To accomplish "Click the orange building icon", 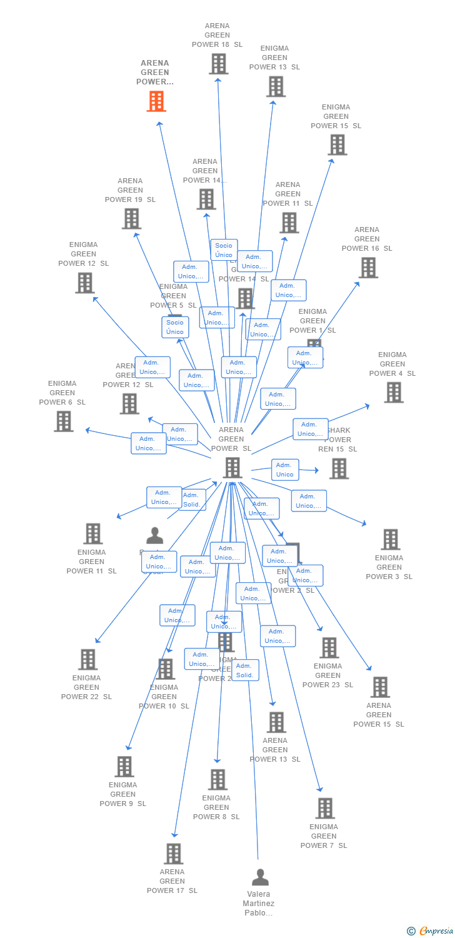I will click(x=156, y=101).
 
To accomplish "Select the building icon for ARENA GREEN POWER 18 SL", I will click(x=218, y=64).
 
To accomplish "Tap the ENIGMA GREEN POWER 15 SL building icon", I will click(x=337, y=144).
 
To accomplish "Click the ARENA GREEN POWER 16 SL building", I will click(x=368, y=268).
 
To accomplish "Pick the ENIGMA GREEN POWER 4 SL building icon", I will click(x=393, y=393).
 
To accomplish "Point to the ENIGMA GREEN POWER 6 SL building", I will click(x=63, y=421).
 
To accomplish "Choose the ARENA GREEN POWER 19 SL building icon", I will click(x=131, y=219).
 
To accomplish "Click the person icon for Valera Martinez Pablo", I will click(x=260, y=877).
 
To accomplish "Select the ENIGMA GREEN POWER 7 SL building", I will click(x=324, y=809).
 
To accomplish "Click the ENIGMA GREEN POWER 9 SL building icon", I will click(x=124, y=767).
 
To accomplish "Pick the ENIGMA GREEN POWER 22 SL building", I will click(x=87, y=660).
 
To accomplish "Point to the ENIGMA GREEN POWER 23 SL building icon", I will click(x=329, y=648).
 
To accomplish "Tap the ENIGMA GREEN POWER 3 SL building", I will click(x=390, y=540).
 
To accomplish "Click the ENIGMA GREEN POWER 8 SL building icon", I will click(x=217, y=780).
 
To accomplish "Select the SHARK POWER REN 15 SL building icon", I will click(x=339, y=468).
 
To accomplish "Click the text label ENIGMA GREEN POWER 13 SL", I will click(x=274, y=58).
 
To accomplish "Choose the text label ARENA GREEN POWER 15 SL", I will click(x=379, y=715).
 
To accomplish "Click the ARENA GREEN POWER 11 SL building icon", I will click(x=289, y=223).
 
